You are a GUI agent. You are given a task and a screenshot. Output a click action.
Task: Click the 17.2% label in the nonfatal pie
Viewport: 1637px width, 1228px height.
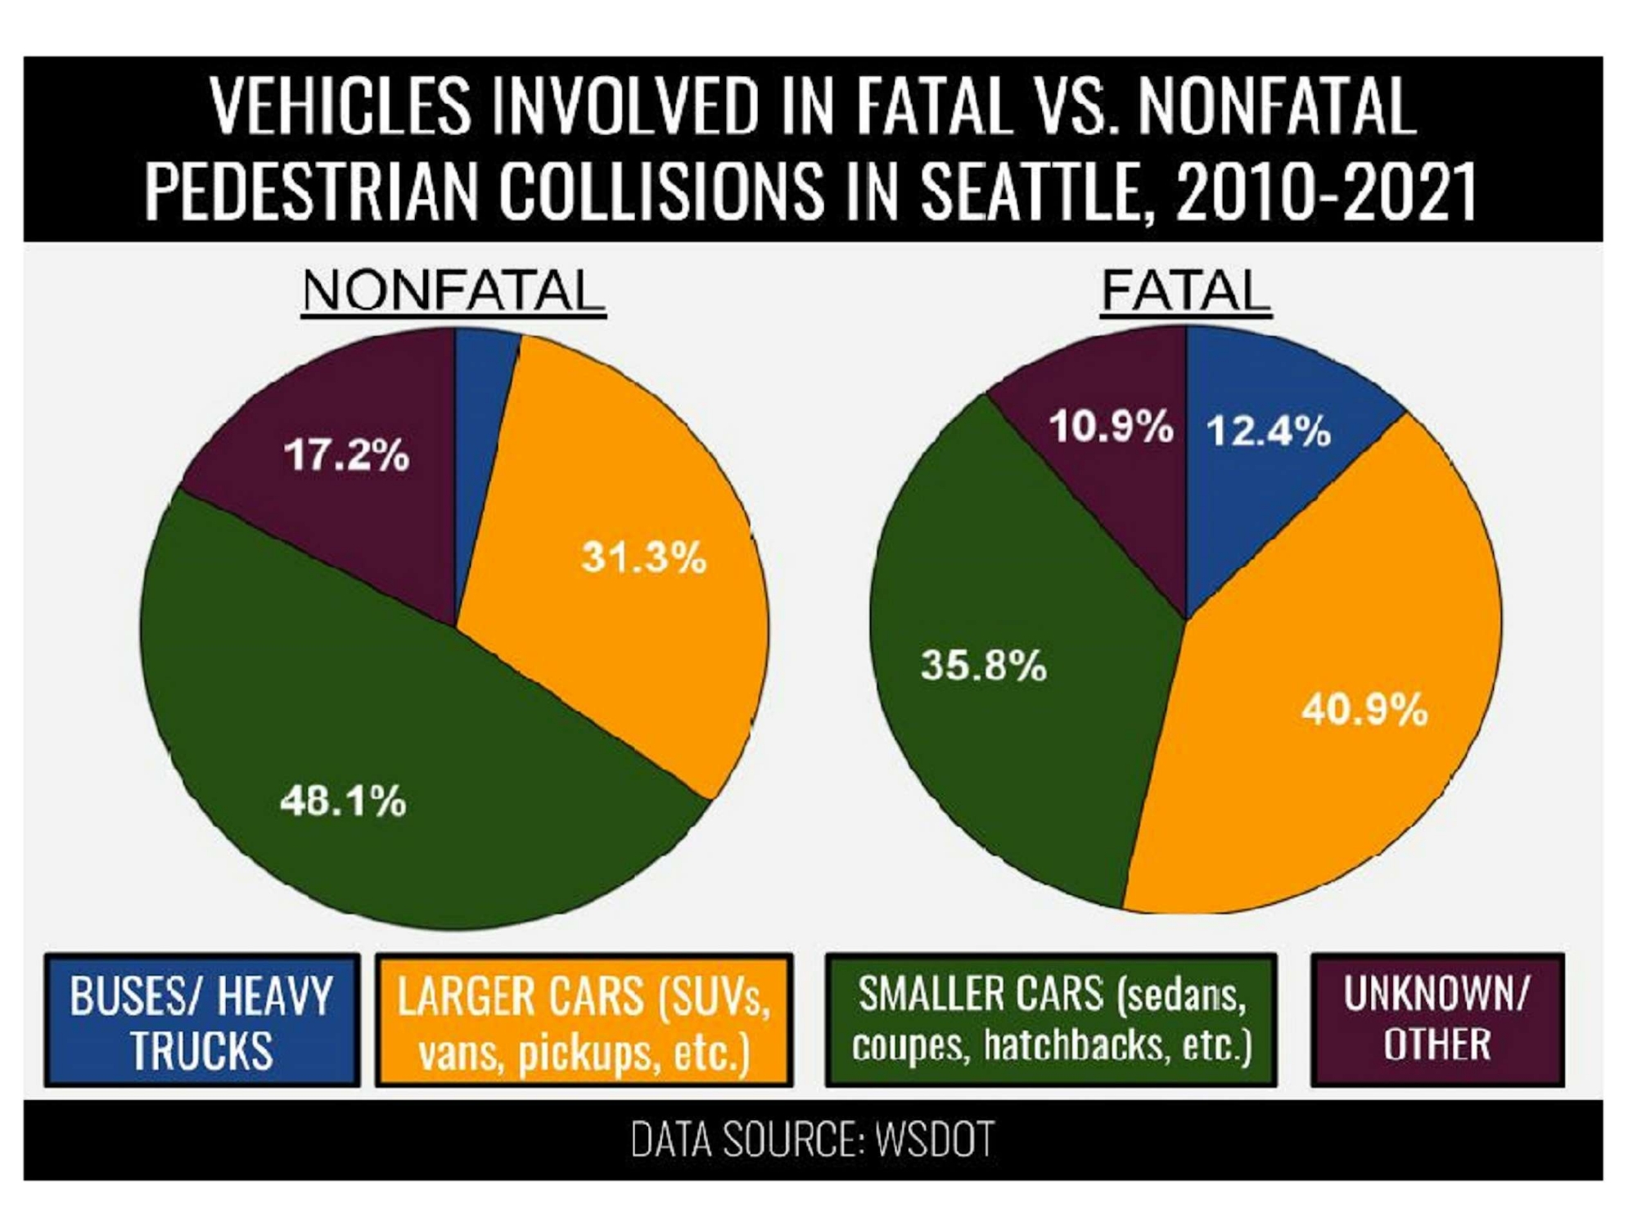(x=346, y=455)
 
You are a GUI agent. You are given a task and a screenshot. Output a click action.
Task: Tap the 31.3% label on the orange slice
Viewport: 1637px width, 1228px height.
(x=643, y=558)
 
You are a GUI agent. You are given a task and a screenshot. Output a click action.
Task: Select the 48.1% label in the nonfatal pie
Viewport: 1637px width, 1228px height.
(x=343, y=801)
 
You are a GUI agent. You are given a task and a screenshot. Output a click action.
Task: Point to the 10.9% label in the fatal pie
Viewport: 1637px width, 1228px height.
(x=1111, y=427)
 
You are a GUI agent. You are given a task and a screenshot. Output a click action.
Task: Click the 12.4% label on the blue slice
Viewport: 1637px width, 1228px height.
(x=1269, y=431)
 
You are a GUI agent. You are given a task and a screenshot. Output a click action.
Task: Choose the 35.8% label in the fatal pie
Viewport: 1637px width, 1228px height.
(x=983, y=665)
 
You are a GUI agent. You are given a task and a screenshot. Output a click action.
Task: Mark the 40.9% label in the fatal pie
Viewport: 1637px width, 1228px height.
(x=1364, y=709)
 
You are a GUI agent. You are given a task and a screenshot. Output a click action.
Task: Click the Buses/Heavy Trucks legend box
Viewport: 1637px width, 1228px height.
(x=202, y=1021)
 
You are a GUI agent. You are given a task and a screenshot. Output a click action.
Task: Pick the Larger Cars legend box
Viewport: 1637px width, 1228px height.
(x=584, y=1021)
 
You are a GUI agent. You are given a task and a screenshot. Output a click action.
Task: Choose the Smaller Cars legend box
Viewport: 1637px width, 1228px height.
(x=1051, y=1019)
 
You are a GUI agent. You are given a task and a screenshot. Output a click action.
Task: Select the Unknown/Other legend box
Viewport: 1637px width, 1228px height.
(x=1437, y=1019)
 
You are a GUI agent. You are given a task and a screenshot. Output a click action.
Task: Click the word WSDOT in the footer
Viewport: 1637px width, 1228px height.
(x=935, y=1139)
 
